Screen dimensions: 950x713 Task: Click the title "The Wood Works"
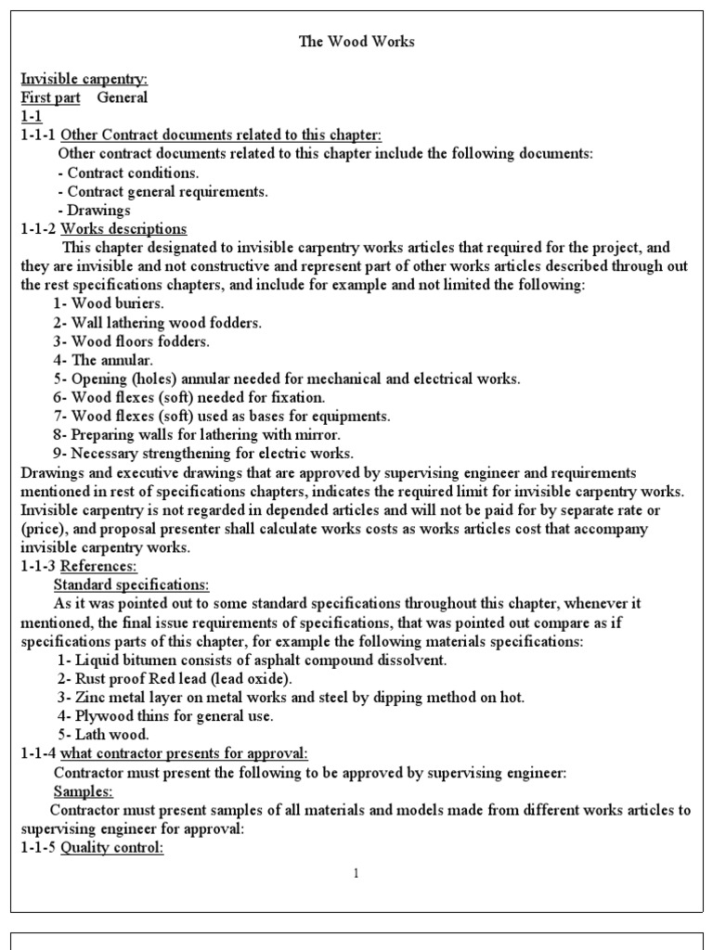coord(356,42)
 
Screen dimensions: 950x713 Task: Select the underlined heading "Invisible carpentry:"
coord(84,79)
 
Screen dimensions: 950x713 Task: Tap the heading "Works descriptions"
coord(123,229)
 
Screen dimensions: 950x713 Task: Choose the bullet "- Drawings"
coord(94,211)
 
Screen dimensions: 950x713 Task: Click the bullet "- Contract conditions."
coord(128,173)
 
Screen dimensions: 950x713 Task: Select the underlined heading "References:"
coord(98,566)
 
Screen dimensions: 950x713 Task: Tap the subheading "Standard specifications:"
coord(131,584)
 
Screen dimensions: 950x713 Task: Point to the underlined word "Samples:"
coord(84,791)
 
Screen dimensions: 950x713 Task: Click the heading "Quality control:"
coord(112,848)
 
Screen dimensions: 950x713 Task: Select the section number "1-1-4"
coord(37,753)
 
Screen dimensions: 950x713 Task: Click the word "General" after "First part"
coord(123,97)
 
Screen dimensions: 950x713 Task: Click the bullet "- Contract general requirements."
coord(162,192)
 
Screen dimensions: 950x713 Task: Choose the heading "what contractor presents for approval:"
coord(185,753)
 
